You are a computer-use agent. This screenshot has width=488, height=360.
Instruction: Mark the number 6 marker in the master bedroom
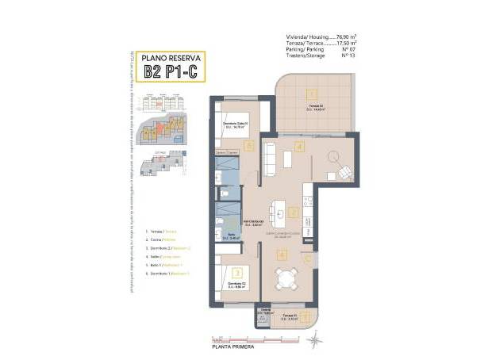pos(250,145)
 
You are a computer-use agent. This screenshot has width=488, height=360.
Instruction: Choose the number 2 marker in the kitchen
pos(293,213)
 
